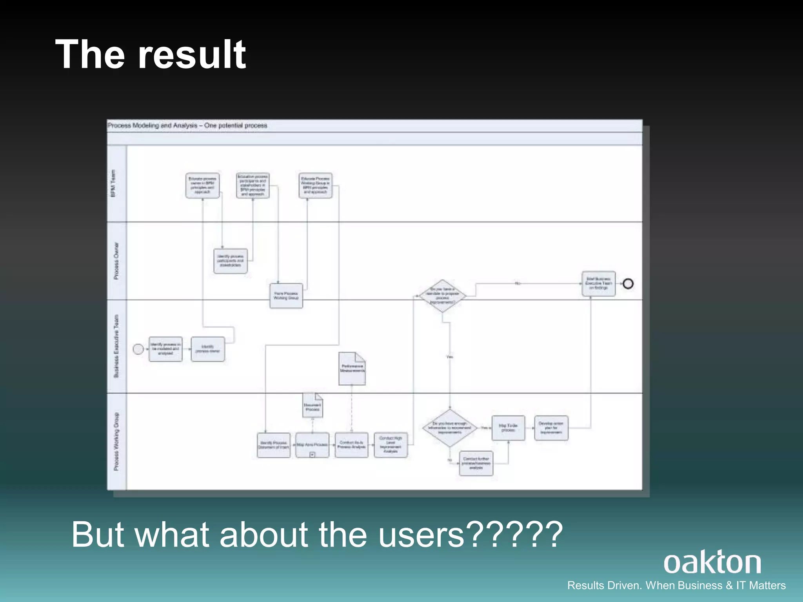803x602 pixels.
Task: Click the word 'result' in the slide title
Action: pos(192,55)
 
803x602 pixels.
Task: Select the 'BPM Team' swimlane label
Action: pos(113,183)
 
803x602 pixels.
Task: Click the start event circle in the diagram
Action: pos(138,349)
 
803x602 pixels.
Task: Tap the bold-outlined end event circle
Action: pos(628,283)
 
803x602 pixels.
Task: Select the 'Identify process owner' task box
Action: pos(208,349)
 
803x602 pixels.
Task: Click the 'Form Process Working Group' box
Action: pos(286,296)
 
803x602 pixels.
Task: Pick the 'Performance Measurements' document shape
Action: pos(352,368)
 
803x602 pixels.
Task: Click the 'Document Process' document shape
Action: pos(312,405)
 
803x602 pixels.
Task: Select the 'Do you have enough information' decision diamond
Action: pos(450,428)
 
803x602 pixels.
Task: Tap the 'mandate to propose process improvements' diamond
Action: pos(442,296)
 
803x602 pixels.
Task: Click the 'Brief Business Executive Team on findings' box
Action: pos(598,283)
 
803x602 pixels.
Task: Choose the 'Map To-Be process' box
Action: pos(508,428)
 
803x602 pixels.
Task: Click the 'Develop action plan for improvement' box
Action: pos(551,428)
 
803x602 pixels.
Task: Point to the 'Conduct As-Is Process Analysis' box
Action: pos(351,445)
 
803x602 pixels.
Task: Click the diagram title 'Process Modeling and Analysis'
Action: pos(153,125)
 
